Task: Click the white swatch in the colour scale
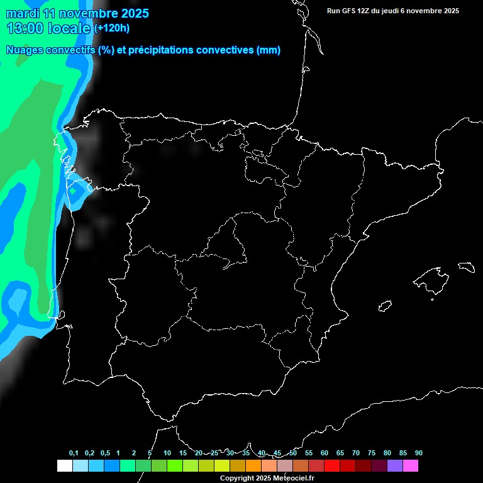tap(64, 466)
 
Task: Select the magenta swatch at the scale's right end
tap(411, 466)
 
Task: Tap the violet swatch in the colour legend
tap(395, 466)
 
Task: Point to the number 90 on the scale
tap(418, 453)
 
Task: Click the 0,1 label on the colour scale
tap(74, 453)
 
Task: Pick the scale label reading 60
tap(324, 453)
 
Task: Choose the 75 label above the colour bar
tap(371, 453)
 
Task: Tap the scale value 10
tap(167, 453)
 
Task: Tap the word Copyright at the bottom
tap(238, 478)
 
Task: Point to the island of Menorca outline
tap(466, 267)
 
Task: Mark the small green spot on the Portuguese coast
tap(73, 190)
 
